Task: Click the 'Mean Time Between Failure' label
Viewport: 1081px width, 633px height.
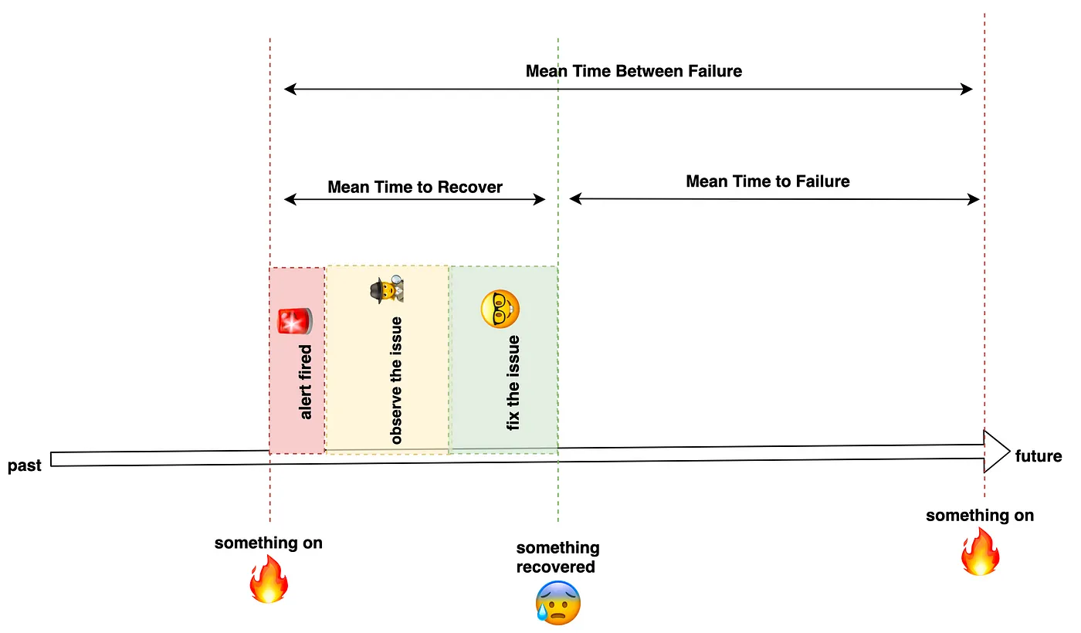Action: (x=633, y=71)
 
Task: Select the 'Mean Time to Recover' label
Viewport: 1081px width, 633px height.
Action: (x=415, y=187)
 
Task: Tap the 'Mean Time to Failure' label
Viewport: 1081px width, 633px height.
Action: (x=768, y=181)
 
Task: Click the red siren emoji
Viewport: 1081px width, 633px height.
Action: (x=295, y=321)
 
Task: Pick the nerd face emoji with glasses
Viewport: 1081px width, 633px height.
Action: (x=500, y=309)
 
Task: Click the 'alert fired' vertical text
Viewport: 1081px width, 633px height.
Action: (x=306, y=382)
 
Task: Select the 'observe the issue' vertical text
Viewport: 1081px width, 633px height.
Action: (x=396, y=381)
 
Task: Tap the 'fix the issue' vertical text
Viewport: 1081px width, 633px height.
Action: (x=513, y=382)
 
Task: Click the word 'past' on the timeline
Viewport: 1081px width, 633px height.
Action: (x=25, y=466)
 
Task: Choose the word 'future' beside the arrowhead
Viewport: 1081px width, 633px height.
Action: (x=1039, y=456)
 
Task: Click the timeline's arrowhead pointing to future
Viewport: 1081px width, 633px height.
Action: (x=997, y=452)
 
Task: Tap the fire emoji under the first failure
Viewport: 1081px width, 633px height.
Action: (x=268, y=581)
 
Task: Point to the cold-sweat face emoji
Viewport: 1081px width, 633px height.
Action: (x=557, y=603)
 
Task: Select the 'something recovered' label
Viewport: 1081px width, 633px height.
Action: (x=557, y=557)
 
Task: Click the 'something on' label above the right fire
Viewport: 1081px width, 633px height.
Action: (x=980, y=516)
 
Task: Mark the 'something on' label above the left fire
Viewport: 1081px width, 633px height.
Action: (x=268, y=543)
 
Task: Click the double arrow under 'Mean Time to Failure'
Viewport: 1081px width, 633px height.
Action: (x=774, y=199)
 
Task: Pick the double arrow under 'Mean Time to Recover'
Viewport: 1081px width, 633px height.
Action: (x=415, y=200)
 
